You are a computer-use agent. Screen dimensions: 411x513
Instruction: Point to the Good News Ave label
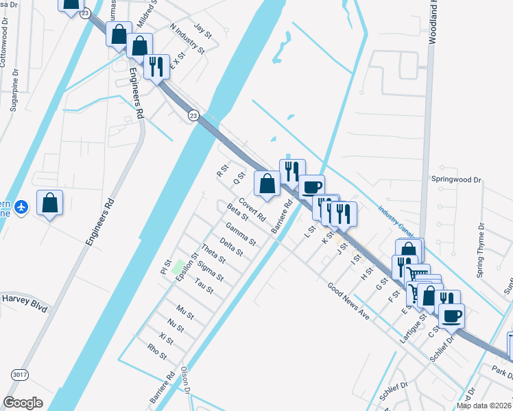click(x=348, y=303)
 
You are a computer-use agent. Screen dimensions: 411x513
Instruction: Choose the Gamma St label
click(x=240, y=234)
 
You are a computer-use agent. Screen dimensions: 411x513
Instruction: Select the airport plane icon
click(x=22, y=207)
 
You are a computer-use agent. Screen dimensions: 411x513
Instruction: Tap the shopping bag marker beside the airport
click(x=49, y=202)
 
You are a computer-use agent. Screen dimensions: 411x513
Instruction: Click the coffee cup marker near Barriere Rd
click(x=311, y=186)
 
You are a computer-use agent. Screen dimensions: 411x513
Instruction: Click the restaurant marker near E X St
click(x=156, y=67)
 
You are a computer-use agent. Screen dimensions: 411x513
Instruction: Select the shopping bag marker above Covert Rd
click(x=267, y=183)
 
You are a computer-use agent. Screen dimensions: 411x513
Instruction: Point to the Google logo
click(x=23, y=403)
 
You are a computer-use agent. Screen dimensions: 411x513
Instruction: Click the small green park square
click(x=178, y=266)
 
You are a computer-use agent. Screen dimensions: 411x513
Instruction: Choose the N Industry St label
click(x=187, y=39)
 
